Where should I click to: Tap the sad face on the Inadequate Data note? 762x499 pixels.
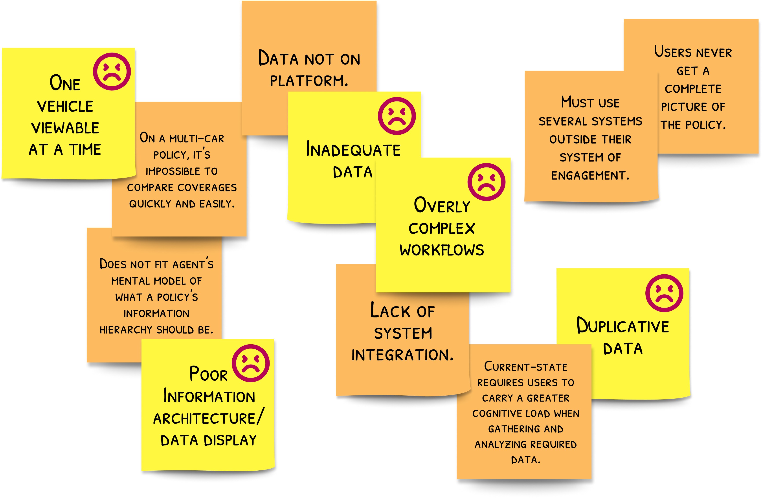pyautogui.click(x=397, y=116)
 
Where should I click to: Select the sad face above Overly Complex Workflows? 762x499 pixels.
pyautogui.click(x=486, y=182)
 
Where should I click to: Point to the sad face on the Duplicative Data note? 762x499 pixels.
pyautogui.click(x=664, y=293)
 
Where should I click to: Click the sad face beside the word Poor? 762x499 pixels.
pyautogui.click(x=251, y=363)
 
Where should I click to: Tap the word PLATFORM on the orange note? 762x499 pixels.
pyautogui.click(x=308, y=81)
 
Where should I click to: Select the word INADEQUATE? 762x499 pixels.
pyautogui.click(x=353, y=150)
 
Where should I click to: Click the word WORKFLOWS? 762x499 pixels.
pyautogui.click(x=442, y=250)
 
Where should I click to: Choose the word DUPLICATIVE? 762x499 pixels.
pyautogui.click(x=623, y=326)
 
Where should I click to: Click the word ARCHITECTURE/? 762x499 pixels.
pyautogui.click(x=208, y=418)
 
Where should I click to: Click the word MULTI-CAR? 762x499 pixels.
pyautogui.click(x=196, y=139)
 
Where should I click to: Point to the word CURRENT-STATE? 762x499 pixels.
pyautogui.click(x=525, y=367)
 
